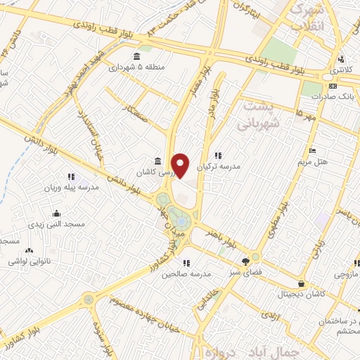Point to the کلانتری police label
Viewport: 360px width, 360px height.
[341, 72]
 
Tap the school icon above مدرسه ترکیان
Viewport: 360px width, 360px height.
[218, 155]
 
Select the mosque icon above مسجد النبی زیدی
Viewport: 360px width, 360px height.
[56, 213]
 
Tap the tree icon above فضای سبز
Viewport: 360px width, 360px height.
[247, 258]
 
